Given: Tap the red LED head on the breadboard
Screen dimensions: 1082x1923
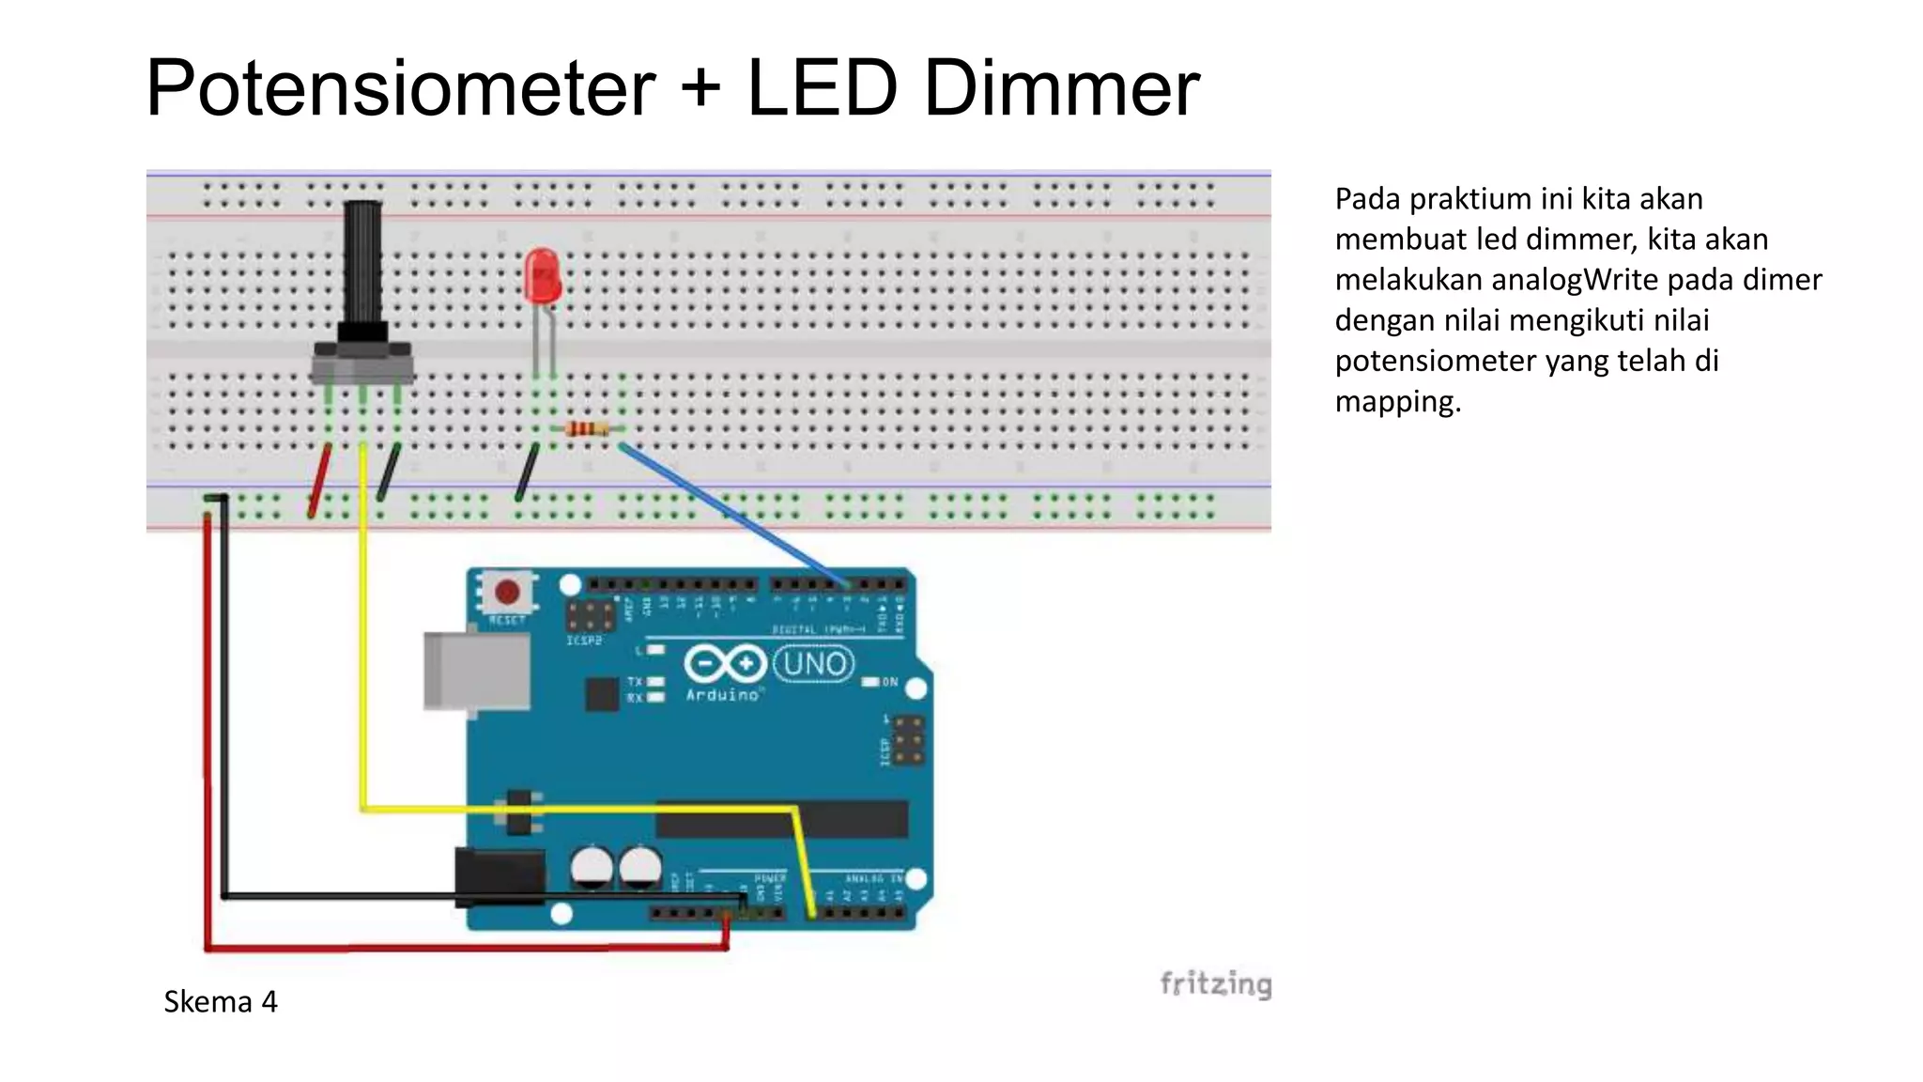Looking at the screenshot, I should (x=542, y=274).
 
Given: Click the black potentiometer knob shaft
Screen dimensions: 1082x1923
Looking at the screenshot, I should (x=362, y=263).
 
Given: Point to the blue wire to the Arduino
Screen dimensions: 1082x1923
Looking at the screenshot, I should (x=732, y=512).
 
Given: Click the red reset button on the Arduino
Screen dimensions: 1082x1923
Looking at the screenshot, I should (x=507, y=593).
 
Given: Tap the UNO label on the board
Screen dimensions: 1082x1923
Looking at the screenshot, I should (x=814, y=664).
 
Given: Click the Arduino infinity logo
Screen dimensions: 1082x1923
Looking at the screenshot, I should (x=724, y=664).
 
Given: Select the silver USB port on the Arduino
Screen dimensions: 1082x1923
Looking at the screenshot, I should (x=477, y=671).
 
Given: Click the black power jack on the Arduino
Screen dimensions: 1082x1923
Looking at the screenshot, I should (x=500, y=875).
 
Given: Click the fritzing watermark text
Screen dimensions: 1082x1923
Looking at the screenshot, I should (x=1215, y=983).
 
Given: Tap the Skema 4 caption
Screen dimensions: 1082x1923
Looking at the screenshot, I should (x=221, y=1002).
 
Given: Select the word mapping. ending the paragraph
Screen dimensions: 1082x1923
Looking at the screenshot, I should (x=1398, y=402).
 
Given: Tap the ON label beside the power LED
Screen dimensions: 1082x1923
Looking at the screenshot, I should (x=889, y=682).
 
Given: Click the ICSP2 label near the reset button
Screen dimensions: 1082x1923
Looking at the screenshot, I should (x=584, y=641).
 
